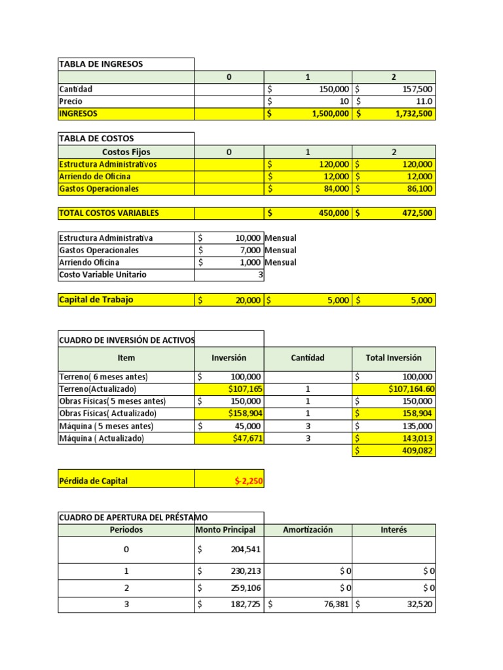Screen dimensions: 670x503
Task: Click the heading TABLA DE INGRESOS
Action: (101, 64)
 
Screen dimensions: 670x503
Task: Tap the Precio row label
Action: (71, 101)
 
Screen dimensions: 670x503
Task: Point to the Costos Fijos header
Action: (126, 152)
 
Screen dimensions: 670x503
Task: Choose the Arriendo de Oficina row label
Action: (94, 177)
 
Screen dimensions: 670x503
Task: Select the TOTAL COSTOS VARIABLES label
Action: (109, 213)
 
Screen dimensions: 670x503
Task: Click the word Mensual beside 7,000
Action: (280, 251)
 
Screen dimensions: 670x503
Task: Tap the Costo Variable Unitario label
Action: (102, 275)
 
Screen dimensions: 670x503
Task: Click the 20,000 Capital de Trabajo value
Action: (247, 300)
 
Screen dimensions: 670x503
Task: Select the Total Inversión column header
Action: (393, 358)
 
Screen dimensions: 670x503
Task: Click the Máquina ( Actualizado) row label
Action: (101, 438)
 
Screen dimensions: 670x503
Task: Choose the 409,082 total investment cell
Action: (415, 451)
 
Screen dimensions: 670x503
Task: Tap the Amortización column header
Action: (307, 530)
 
